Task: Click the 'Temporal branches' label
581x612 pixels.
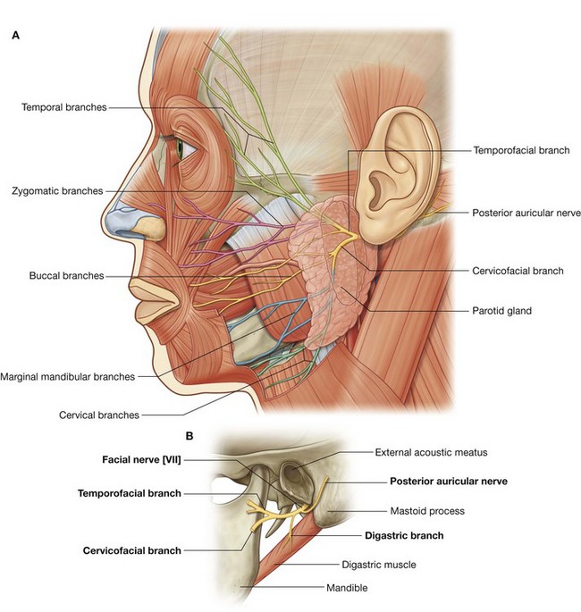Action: [x=64, y=107]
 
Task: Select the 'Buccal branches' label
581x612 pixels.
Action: [x=66, y=276]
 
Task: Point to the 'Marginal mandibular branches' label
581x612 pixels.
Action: [x=69, y=376]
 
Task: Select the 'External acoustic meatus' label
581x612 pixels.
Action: [x=431, y=452]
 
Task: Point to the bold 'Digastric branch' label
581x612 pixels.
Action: [x=404, y=536]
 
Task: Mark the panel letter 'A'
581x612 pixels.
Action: [x=16, y=36]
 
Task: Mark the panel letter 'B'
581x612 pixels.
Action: [x=190, y=436]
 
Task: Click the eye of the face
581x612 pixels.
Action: [x=182, y=147]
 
